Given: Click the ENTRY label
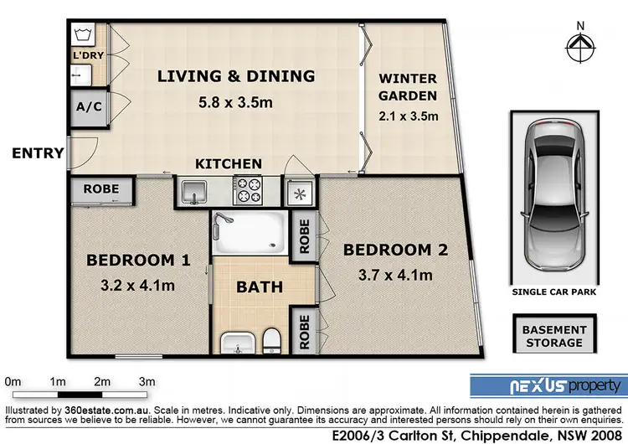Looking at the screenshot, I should coord(37,152).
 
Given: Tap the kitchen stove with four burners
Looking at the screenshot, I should coord(247,191).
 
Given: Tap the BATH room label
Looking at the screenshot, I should coord(259,287).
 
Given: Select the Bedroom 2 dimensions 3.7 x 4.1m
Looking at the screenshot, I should coord(395,273).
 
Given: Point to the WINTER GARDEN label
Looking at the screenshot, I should coord(408,86).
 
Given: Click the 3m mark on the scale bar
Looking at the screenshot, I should coord(147,382).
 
